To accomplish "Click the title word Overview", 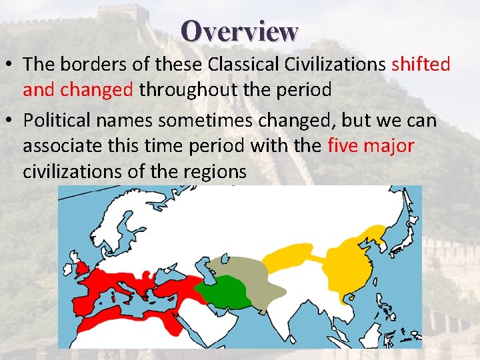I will click(239, 31).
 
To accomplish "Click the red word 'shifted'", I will click(421, 65).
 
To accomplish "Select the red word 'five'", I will click(344, 146).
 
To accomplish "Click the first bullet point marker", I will click(9, 65).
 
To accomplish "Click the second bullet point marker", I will click(9, 121).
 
